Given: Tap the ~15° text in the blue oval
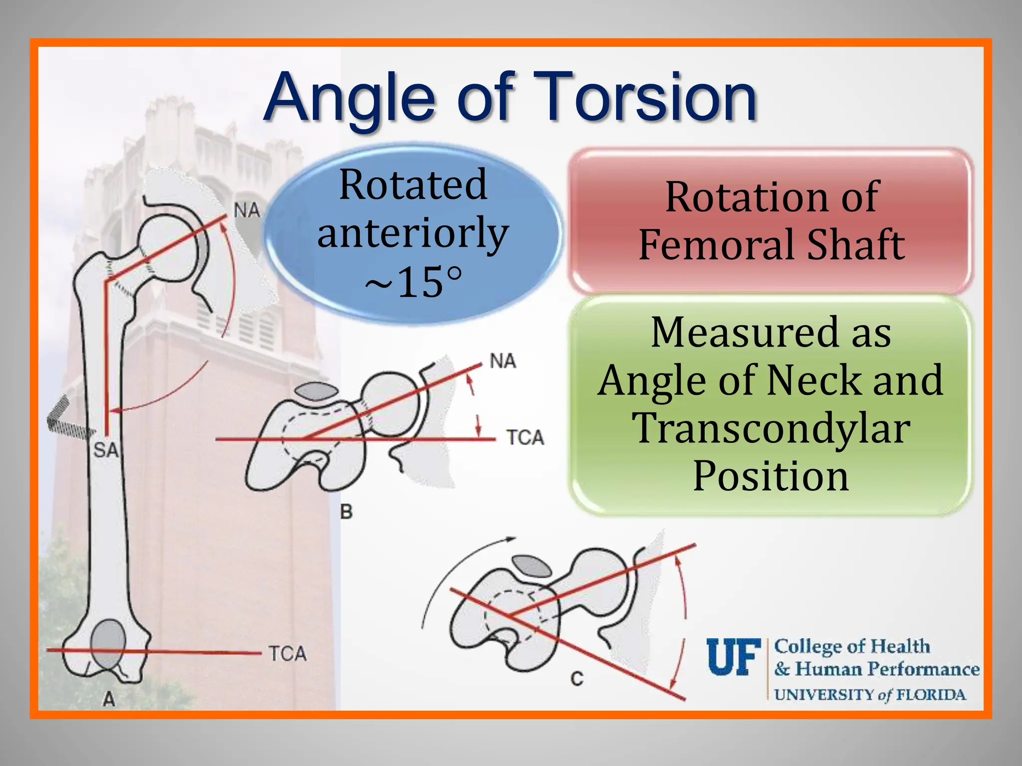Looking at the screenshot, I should point(413,283).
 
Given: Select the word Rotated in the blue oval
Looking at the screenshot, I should point(413,185).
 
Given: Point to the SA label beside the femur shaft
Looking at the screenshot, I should point(106,450).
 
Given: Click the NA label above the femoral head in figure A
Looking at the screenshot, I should point(247,210).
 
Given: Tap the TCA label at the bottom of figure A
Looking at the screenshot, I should point(287,653).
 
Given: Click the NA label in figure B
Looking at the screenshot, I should point(503,361).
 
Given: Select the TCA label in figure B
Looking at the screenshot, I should point(525,437).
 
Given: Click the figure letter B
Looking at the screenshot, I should point(346,512).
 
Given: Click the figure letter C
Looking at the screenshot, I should point(577,679).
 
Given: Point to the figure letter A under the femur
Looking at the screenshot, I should point(109,699).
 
